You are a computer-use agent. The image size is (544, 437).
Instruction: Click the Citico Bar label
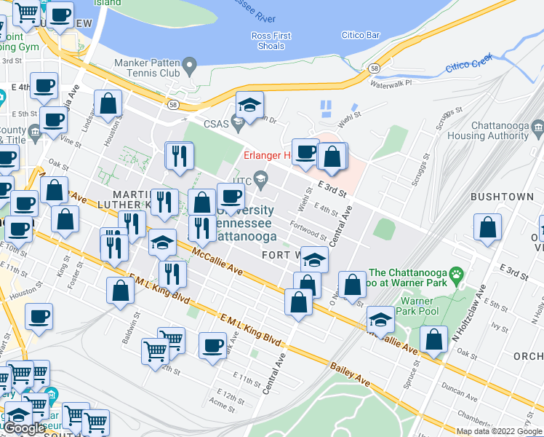click(x=361, y=35)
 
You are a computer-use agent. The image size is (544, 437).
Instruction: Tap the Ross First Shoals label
click(x=271, y=41)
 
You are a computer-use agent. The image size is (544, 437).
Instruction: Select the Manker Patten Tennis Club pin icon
click(x=191, y=66)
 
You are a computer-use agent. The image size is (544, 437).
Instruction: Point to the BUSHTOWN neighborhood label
click(x=503, y=197)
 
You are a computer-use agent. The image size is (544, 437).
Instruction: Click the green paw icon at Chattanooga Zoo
click(x=456, y=275)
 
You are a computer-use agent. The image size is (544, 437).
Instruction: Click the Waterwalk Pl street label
click(x=391, y=84)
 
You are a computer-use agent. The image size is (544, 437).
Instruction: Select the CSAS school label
click(x=216, y=124)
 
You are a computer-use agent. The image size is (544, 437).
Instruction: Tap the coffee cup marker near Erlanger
click(x=305, y=151)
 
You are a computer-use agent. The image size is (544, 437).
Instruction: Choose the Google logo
click(x=25, y=429)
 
